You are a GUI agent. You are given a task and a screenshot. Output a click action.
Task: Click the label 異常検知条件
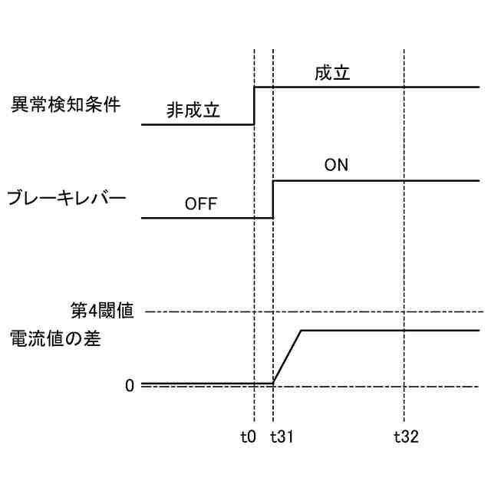pos(65,105)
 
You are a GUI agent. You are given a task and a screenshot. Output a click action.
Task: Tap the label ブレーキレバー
pos(66,199)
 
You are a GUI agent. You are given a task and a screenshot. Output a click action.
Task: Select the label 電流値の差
pos(55,338)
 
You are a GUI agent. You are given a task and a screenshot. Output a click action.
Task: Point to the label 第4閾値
pos(103,311)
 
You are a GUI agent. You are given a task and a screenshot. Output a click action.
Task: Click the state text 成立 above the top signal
pos(332,74)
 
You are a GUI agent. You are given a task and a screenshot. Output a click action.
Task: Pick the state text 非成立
pos(193,110)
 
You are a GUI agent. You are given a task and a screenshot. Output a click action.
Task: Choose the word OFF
pos(201,205)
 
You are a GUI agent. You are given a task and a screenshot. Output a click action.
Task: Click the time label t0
pos(247,437)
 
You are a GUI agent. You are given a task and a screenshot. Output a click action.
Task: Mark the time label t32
pos(406,437)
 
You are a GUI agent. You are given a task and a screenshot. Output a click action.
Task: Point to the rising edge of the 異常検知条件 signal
pos(254,106)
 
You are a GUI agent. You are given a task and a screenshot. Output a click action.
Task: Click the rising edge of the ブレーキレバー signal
pos(274,199)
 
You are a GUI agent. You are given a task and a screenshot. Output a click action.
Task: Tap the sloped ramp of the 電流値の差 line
pos(288,357)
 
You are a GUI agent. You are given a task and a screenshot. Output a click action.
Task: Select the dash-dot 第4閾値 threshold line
pos(307,311)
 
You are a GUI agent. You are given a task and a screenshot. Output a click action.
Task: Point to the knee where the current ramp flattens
pos(302,331)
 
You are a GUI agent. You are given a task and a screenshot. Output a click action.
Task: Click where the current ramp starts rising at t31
pos(274,383)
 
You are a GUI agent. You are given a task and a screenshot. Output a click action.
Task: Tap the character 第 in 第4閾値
pos(77,311)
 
